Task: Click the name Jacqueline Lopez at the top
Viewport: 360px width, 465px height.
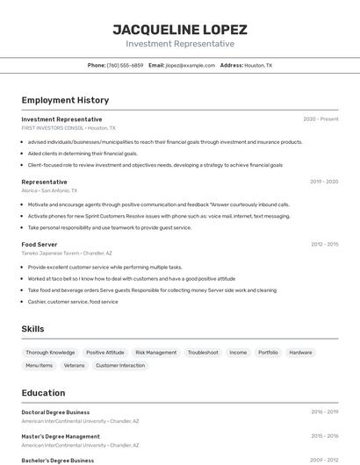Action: [x=180, y=29]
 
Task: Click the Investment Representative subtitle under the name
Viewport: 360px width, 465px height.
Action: [x=180, y=44]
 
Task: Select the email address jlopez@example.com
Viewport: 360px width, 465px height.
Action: [x=191, y=65]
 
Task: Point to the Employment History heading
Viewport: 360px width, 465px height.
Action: [x=65, y=100]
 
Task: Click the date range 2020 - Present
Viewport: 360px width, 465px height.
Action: [x=320, y=118]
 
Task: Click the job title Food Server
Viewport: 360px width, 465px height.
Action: [x=40, y=244]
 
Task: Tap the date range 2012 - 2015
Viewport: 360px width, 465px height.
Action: [x=324, y=244]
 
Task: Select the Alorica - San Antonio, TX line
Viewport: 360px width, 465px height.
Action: [x=49, y=190]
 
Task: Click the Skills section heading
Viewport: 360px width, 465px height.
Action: [x=33, y=328]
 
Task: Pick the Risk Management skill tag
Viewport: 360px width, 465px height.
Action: [x=155, y=352]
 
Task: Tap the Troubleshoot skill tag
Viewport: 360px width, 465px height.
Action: [x=203, y=352]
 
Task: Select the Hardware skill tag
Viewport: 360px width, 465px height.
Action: [x=300, y=352]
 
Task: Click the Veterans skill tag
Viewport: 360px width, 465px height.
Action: [x=75, y=365]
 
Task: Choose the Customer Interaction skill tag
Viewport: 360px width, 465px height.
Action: [x=120, y=365]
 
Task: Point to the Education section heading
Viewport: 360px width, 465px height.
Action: [x=43, y=393]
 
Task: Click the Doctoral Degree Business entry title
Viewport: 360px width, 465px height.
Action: [x=55, y=411]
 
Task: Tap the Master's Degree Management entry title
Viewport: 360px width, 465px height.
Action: [x=61, y=436]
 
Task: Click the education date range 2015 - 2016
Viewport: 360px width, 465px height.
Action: [x=324, y=435]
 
